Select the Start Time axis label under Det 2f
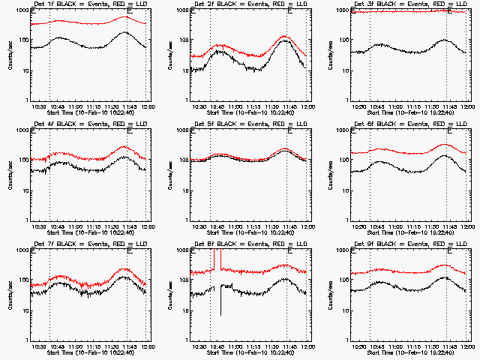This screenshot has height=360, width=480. [x=248, y=112]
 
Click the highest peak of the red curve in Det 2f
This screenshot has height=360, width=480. [x=286, y=36]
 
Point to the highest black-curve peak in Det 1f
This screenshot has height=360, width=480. [x=125, y=33]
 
